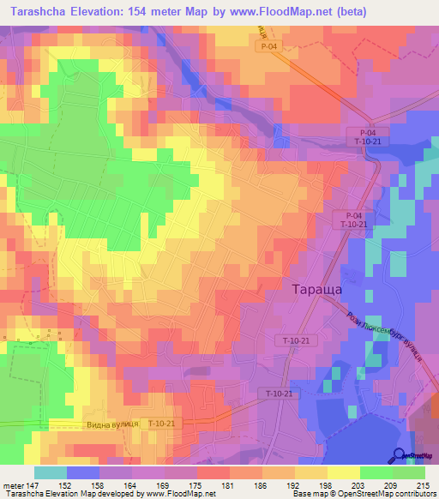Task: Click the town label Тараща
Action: click(x=317, y=290)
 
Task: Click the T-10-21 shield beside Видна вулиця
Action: click(x=160, y=424)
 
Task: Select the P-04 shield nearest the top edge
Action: click(x=270, y=48)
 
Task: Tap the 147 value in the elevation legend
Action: click(x=33, y=486)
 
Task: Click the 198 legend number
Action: click(x=310, y=486)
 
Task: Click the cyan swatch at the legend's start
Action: click(x=50, y=472)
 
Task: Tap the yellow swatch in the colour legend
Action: click(x=343, y=472)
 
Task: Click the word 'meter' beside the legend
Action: click(x=13, y=486)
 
